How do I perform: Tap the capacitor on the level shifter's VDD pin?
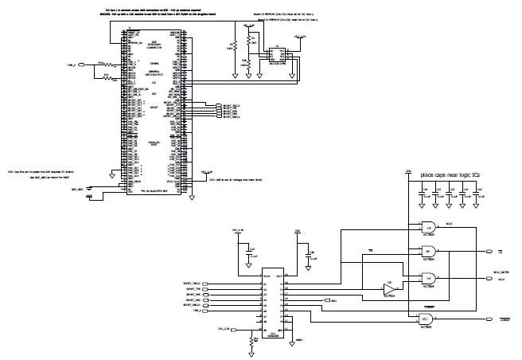(303, 256)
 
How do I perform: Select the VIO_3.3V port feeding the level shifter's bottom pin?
(225, 329)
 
